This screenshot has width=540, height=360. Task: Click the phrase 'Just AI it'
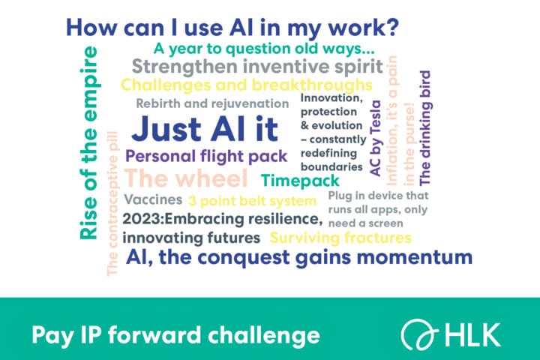(205, 130)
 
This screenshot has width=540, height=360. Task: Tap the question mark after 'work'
(392, 27)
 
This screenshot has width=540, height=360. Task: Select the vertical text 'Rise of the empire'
(88, 143)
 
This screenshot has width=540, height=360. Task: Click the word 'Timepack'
(300, 181)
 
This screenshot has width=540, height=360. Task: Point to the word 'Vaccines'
(153, 199)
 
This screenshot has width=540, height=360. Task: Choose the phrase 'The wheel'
(186, 178)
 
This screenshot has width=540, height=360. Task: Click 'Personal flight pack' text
(206, 157)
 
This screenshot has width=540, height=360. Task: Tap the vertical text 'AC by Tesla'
(376, 139)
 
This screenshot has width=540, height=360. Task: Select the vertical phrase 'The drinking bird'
(425, 127)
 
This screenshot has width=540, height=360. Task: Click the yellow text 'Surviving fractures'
(340, 238)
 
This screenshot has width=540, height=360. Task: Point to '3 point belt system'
(253, 201)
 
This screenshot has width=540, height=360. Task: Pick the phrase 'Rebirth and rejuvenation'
(212, 103)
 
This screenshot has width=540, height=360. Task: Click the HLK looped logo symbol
(419, 334)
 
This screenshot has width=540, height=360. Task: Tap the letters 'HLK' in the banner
(472, 334)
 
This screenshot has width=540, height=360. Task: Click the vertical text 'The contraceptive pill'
(112, 203)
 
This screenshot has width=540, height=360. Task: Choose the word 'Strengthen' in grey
(185, 67)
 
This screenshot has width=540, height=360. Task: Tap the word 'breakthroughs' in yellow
(312, 85)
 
